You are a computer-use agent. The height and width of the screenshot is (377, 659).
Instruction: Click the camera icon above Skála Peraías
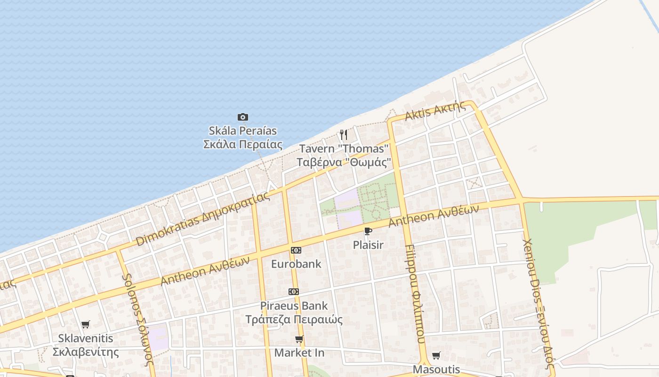tap(243, 117)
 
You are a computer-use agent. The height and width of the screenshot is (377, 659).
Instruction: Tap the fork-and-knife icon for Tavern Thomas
tap(344, 135)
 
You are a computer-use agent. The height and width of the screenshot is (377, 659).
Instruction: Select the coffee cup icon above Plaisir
tap(368, 231)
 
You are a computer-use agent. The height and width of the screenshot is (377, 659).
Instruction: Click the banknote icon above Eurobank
tap(296, 250)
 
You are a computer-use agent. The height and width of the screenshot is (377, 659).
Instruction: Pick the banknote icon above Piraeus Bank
tap(294, 292)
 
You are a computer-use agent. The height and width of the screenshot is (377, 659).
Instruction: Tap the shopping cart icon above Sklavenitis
tap(85, 324)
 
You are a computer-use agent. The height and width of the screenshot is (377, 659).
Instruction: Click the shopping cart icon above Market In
tap(299, 339)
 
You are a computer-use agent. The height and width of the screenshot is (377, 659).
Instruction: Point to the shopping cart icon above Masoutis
tap(436, 355)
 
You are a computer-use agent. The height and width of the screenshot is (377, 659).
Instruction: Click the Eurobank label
tap(296, 264)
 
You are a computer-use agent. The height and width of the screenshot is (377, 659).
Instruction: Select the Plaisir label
tap(368, 245)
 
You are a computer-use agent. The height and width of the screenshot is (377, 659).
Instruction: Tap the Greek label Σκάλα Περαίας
tap(243, 144)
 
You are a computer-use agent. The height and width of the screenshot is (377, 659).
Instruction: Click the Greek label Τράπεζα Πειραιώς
tap(294, 320)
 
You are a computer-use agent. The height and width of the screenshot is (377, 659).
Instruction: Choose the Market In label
tap(299, 352)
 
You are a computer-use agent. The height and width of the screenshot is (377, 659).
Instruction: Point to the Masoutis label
tap(436, 369)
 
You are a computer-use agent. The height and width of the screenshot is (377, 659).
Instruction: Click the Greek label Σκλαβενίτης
tap(85, 352)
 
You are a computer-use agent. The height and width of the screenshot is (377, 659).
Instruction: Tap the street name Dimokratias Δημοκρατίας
tap(203, 219)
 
